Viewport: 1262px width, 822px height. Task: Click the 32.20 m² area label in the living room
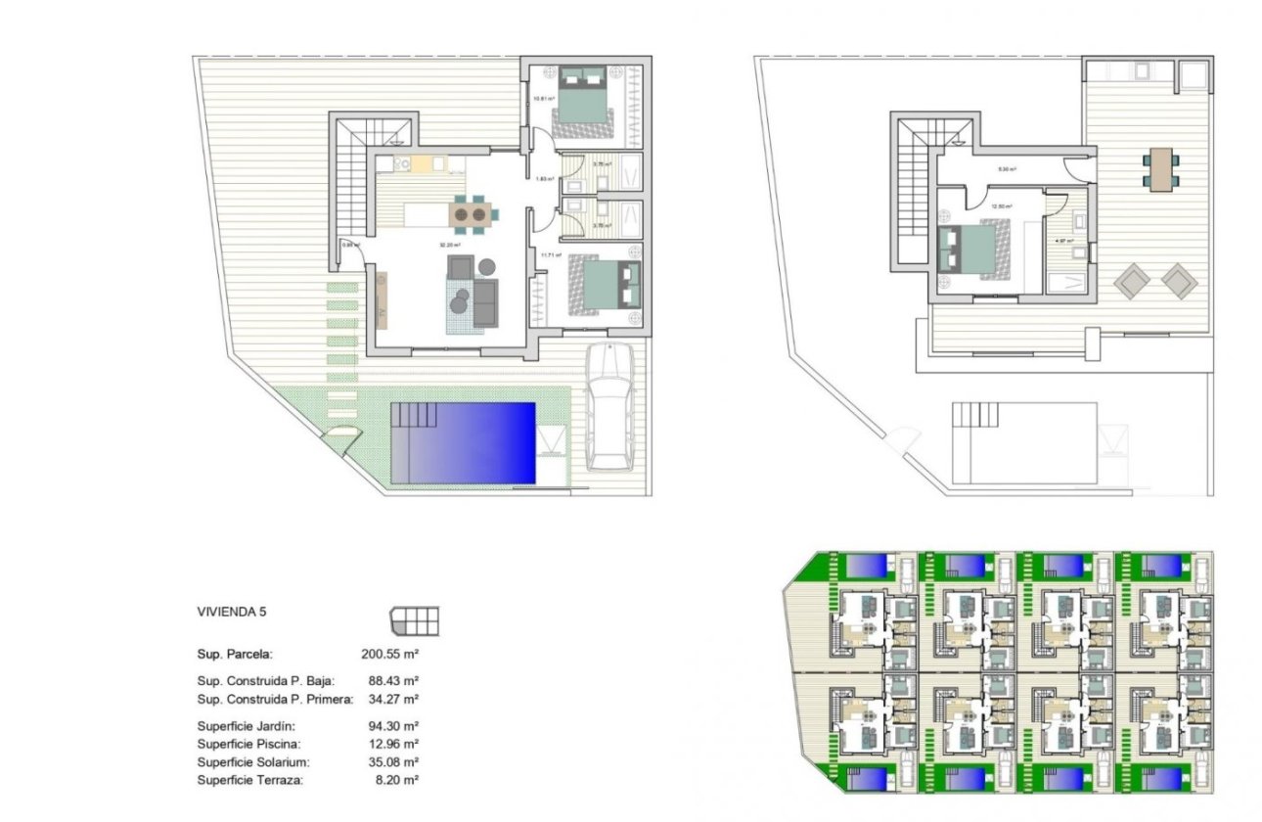click(x=449, y=246)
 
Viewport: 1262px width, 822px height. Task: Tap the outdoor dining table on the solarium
click(x=1160, y=169)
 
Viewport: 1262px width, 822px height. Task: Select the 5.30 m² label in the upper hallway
click(x=1006, y=169)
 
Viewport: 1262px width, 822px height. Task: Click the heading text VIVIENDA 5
click(x=232, y=612)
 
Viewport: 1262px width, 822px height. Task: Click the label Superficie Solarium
click(x=253, y=762)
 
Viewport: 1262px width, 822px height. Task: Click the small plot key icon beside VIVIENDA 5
click(x=415, y=620)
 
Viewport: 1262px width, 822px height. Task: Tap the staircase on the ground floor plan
click(x=349, y=176)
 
